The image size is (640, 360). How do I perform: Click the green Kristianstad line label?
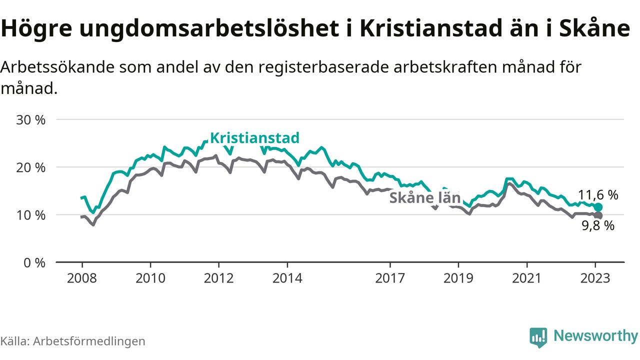click(254, 137)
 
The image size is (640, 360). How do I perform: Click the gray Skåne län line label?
click(424, 198)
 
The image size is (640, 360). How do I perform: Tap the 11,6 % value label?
click(598, 195)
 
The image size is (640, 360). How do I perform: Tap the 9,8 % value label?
click(597, 226)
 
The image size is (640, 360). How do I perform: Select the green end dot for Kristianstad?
click(598, 207)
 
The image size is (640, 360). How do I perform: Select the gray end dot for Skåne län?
click(598, 215)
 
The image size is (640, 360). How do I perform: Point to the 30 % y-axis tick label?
click(30, 119)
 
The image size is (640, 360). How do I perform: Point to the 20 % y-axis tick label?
click(30, 167)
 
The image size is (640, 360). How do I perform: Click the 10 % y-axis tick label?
click(30, 215)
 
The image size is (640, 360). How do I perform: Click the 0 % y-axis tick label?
click(34, 262)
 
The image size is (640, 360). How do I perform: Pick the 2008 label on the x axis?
click(82, 278)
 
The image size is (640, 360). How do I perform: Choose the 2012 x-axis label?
click(218, 278)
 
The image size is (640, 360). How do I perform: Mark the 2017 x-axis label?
click(389, 278)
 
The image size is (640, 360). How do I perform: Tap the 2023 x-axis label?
click(595, 278)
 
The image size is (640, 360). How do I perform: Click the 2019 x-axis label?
click(458, 278)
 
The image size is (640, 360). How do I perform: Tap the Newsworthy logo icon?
click(538, 337)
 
